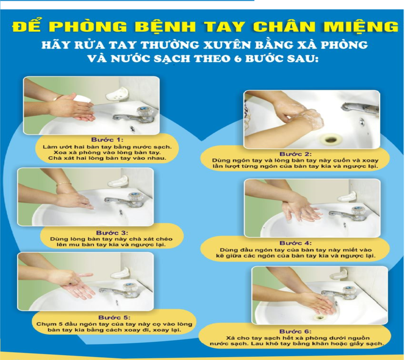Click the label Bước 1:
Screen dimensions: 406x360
point(107,140)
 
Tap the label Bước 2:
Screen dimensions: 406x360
point(296,154)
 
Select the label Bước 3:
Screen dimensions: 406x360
point(112,233)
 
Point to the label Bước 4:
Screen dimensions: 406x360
point(296,243)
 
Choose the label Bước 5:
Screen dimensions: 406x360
point(114,317)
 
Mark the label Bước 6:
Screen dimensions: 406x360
point(296,331)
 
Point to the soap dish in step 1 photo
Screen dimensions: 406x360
point(117,94)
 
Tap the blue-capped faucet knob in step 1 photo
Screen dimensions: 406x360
point(145,112)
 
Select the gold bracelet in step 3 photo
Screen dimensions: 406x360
point(63,184)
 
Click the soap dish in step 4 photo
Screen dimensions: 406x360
point(347,197)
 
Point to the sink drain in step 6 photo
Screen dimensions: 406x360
point(319,317)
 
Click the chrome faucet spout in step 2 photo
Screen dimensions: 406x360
point(360,108)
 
